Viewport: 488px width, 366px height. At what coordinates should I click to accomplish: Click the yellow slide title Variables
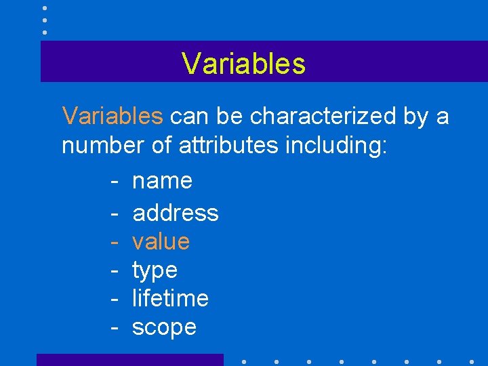click(x=243, y=64)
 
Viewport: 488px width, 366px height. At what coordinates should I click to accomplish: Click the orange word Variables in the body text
click(x=113, y=117)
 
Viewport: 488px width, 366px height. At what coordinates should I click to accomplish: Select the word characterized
click(x=323, y=117)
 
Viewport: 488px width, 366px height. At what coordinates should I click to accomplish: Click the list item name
click(x=163, y=182)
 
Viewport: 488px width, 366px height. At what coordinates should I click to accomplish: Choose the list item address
click(x=176, y=213)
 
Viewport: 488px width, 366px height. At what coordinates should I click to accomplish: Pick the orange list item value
click(x=161, y=241)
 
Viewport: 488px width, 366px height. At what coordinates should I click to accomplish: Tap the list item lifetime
click(x=170, y=298)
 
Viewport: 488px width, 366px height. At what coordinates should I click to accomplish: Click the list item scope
click(x=164, y=327)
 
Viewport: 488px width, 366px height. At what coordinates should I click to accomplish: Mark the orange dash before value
click(x=115, y=242)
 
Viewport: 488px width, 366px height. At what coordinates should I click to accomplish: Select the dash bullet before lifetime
click(x=115, y=299)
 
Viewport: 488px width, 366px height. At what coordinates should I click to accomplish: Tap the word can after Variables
click(x=190, y=117)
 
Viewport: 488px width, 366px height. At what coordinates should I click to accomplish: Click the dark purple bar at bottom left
click(x=129, y=360)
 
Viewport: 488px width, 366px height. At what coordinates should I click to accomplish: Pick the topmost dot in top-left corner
click(x=45, y=8)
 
